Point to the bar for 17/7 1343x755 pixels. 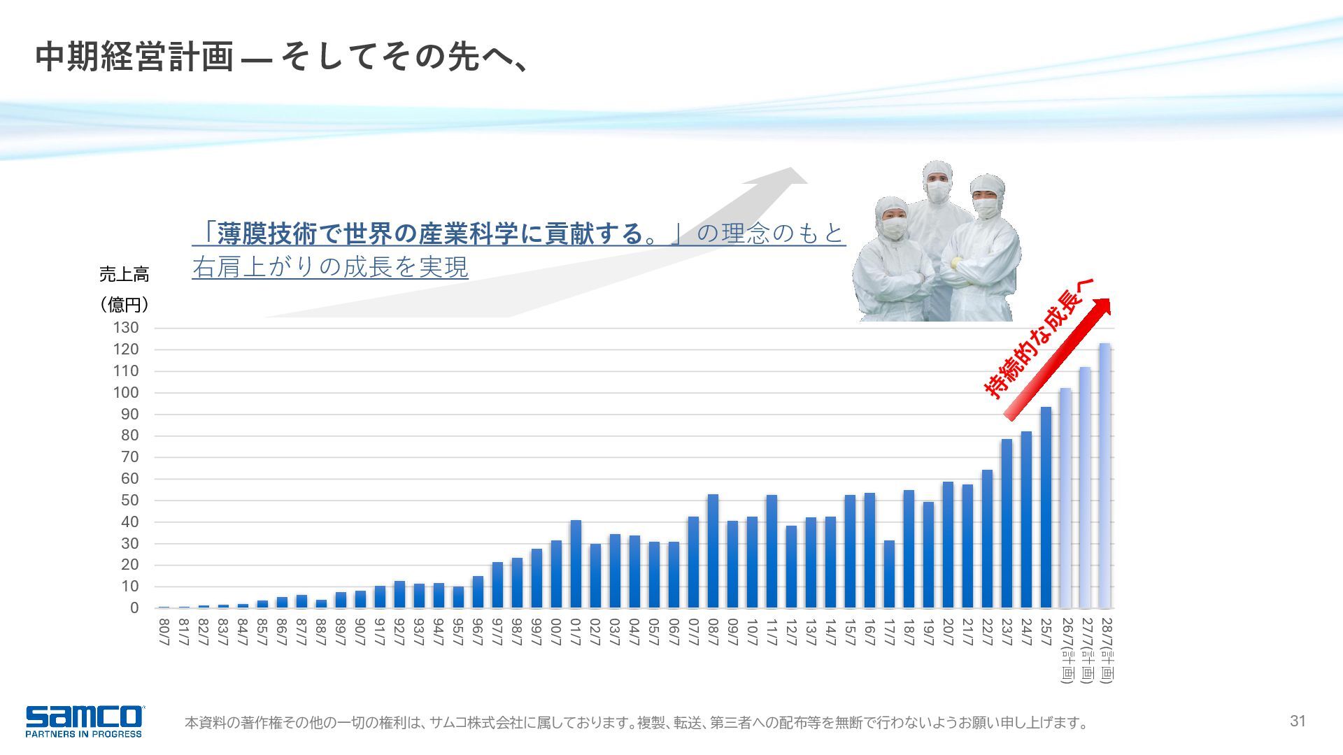point(889,574)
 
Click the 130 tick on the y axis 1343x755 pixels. point(126,328)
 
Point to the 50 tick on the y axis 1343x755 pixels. point(129,501)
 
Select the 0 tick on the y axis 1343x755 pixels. point(134,608)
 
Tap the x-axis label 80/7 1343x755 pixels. point(164,632)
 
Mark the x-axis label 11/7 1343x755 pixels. point(772,632)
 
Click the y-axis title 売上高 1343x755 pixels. point(124,275)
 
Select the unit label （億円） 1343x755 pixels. point(124,305)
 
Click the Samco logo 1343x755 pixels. point(84,721)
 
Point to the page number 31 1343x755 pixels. point(1298,721)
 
